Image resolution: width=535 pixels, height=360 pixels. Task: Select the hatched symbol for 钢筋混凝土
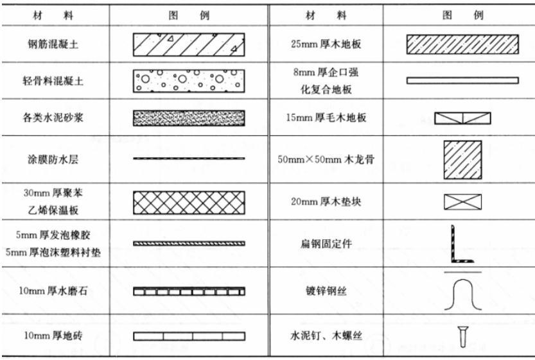point(189,44)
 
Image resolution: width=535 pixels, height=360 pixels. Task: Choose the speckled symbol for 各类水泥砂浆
point(189,117)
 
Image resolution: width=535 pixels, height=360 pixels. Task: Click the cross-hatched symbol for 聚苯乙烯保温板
point(189,202)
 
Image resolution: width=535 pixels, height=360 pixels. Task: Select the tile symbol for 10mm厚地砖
point(189,336)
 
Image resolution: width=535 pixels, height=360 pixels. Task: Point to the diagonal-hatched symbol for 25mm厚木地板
point(462,44)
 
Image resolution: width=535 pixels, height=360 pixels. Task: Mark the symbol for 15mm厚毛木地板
point(462,118)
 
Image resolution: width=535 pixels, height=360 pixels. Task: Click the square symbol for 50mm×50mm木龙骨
point(462,159)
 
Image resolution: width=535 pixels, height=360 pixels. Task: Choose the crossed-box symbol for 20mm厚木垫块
point(462,202)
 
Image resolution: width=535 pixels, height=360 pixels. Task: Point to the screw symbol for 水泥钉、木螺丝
point(462,335)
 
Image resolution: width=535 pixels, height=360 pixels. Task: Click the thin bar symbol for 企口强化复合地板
point(462,81)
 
